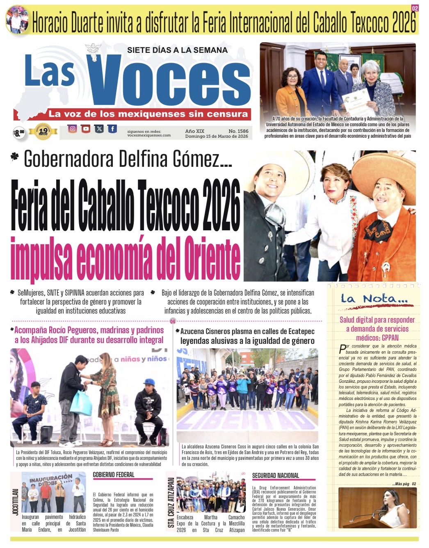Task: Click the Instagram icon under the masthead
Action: [73, 129]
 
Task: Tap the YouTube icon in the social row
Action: [86, 129]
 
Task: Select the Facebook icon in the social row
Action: [112, 129]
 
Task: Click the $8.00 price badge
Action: [19, 132]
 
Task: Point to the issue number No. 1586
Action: [238, 131]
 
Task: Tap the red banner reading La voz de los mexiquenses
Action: [148, 114]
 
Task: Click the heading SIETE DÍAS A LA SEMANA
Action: [177, 50]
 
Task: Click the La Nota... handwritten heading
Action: [374, 299]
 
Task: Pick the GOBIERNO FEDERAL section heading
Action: [114, 475]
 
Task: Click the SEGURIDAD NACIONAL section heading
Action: [276, 475]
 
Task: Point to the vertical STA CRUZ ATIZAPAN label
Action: [171, 502]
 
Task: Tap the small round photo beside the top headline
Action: [17, 19]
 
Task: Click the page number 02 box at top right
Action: [415, 8]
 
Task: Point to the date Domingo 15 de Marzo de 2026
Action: [217, 136]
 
